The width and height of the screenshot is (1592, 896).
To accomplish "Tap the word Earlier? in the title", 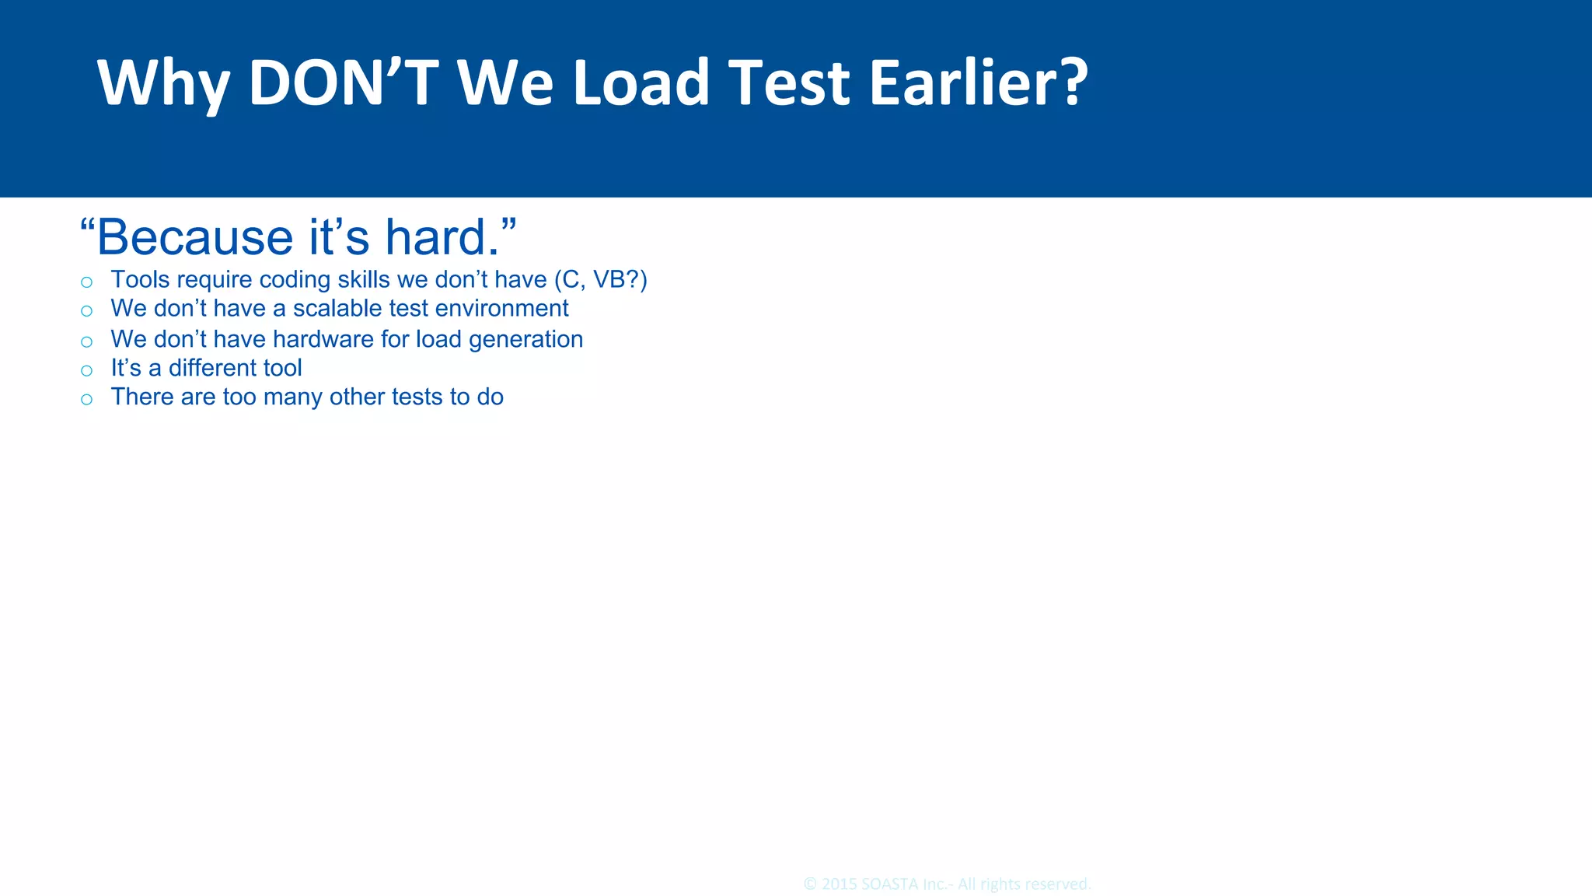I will point(978,82).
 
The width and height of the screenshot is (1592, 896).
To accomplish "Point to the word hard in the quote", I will point(442,237).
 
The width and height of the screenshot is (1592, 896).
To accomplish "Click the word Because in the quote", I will point(194,237).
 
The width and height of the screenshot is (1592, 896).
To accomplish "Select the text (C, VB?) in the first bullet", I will point(600,279).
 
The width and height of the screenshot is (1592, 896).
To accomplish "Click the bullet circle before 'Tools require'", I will point(86,282).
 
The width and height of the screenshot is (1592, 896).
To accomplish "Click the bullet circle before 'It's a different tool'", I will point(86,371).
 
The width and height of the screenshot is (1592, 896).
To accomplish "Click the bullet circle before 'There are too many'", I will point(86,400).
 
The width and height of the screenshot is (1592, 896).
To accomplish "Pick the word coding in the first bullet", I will point(295,279).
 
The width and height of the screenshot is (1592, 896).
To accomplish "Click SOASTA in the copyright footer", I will point(890,884).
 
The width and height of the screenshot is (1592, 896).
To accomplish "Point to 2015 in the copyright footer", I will point(840,884).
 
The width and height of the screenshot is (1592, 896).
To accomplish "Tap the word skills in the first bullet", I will point(363,279).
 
